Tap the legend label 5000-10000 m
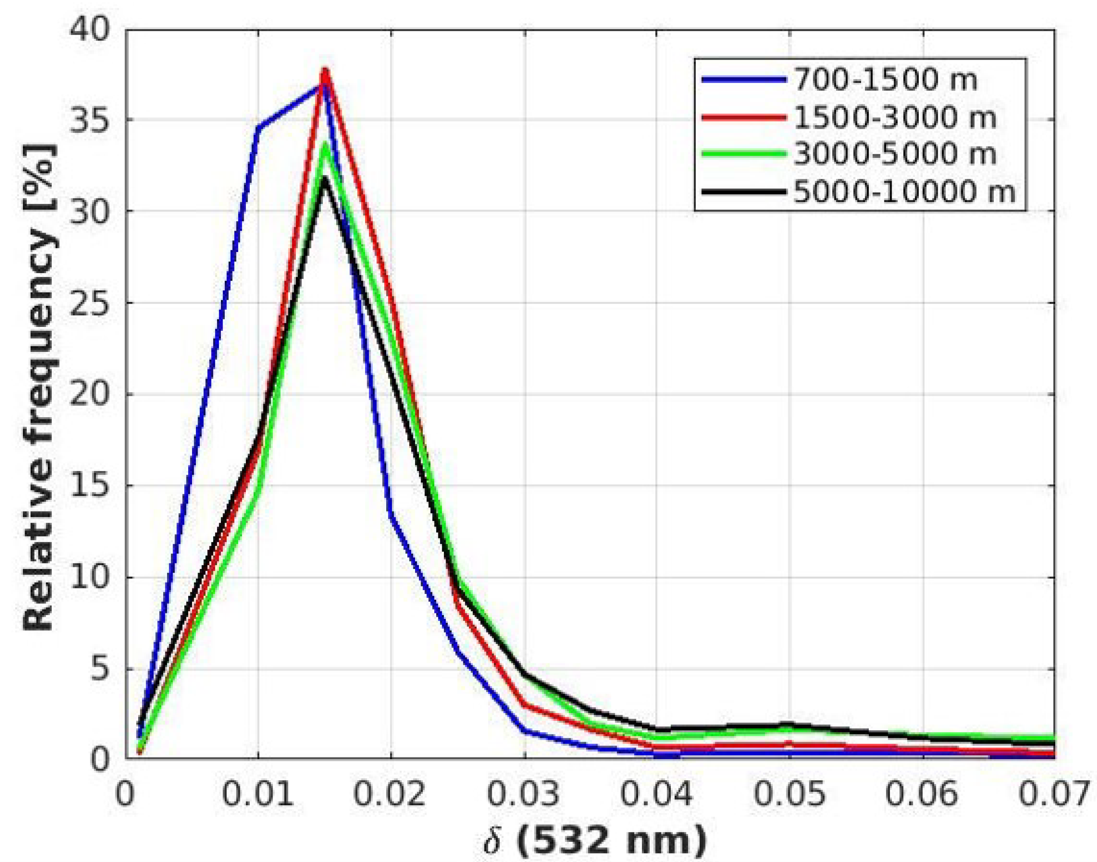pos(904,192)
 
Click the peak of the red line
pos(325,71)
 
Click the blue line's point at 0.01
pos(258,128)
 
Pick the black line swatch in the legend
pos(743,192)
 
